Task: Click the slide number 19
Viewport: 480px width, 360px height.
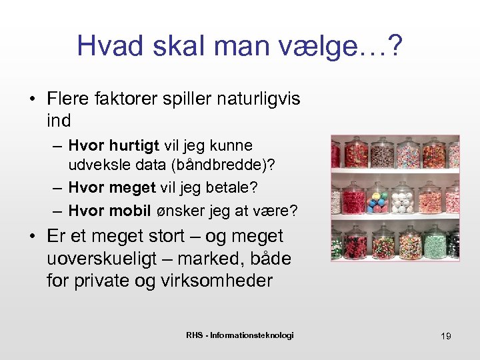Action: [x=445, y=336]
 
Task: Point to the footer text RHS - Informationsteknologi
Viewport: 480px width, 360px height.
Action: [x=239, y=335]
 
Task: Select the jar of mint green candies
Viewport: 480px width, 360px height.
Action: [x=435, y=244]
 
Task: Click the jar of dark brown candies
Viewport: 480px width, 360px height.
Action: [x=382, y=156]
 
